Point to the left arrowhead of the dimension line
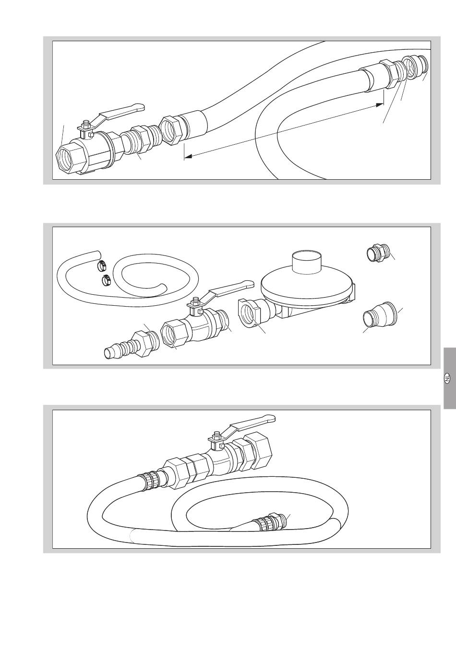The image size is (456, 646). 188,156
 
